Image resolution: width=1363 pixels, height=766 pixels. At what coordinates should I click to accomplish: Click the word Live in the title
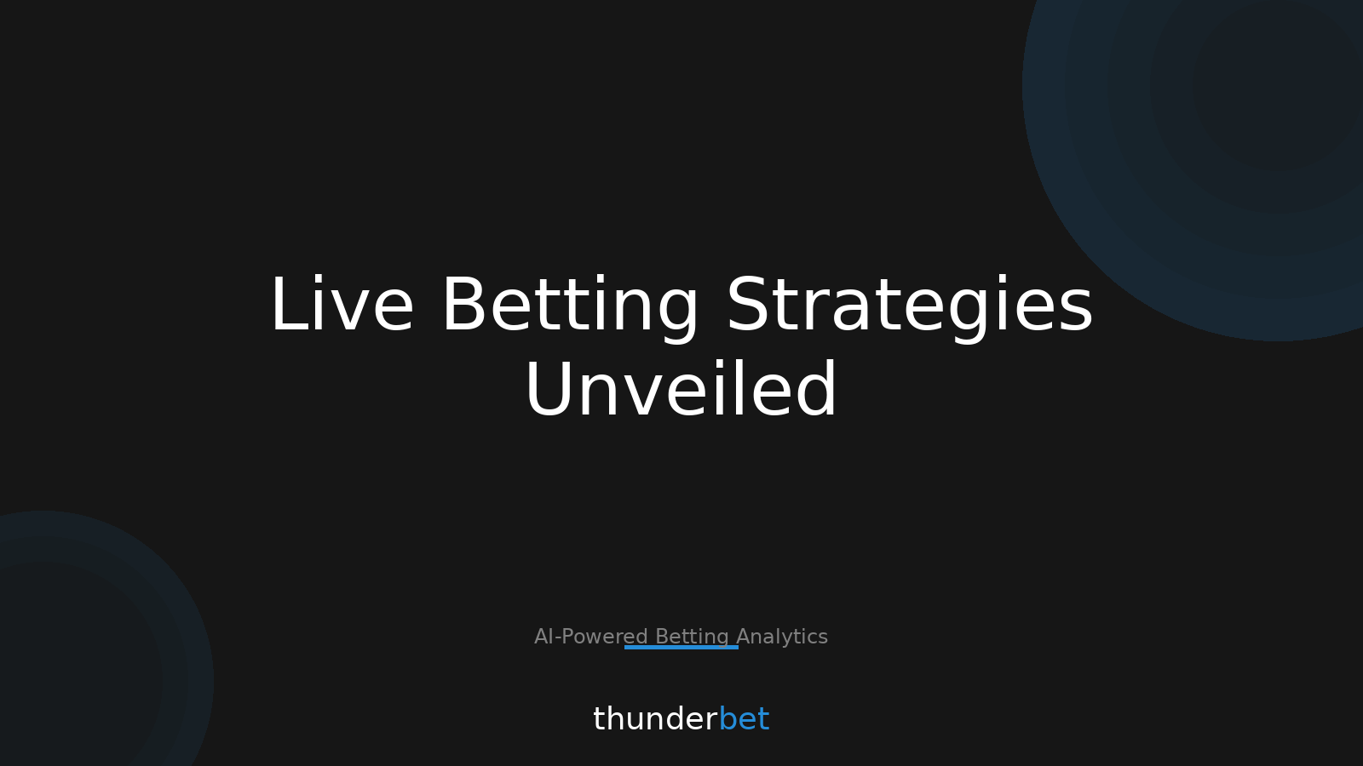click(x=342, y=306)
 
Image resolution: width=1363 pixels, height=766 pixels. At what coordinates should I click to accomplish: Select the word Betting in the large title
click(x=570, y=306)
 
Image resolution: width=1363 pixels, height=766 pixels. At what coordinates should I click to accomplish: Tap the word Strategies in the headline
click(x=909, y=306)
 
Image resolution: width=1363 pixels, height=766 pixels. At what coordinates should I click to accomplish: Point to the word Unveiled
click(x=681, y=391)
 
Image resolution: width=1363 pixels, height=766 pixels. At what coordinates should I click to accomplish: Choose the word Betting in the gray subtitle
click(x=692, y=637)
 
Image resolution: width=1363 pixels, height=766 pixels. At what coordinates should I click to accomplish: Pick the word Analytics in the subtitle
click(x=782, y=637)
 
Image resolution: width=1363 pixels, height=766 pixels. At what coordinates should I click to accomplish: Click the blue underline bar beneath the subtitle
click(x=681, y=648)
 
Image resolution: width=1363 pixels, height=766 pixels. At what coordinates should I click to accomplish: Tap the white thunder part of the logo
click(x=655, y=719)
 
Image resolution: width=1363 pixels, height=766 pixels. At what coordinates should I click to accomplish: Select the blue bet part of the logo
click(x=744, y=719)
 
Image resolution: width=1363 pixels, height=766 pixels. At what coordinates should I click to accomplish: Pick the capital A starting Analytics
click(x=744, y=637)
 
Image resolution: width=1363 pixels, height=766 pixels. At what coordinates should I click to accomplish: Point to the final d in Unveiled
click(x=816, y=391)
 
